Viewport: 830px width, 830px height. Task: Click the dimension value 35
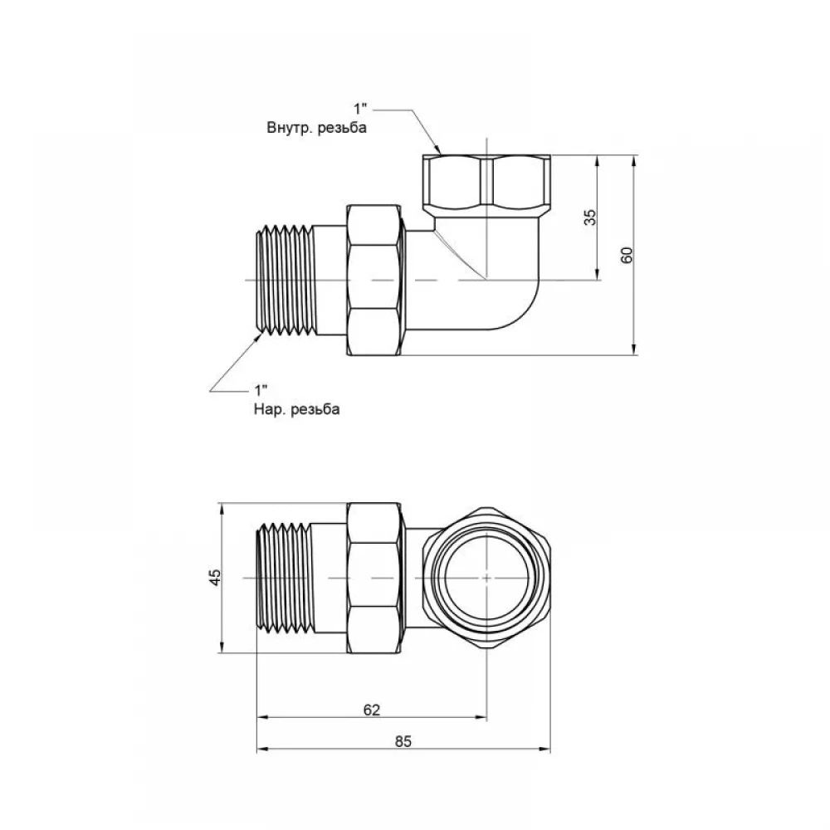click(590, 217)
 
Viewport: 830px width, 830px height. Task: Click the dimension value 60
click(627, 255)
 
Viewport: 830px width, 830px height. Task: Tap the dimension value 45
click(215, 577)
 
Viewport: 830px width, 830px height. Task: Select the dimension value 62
click(372, 710)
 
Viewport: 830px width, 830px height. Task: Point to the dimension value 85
click(403, 741)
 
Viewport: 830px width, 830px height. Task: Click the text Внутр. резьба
click(316, 128)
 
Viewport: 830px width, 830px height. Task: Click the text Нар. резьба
click(297, 409)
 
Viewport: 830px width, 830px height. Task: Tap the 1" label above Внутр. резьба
click(361, 109)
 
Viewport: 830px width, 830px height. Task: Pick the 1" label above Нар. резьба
click(261, 391)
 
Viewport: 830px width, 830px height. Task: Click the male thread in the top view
click(285, 281)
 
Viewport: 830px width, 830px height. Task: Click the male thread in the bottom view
click(284, 578)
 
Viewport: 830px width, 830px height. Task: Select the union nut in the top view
click(373, 280)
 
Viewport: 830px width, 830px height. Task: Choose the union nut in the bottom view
click(373, 578)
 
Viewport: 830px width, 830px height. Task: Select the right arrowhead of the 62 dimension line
click(481, 717)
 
